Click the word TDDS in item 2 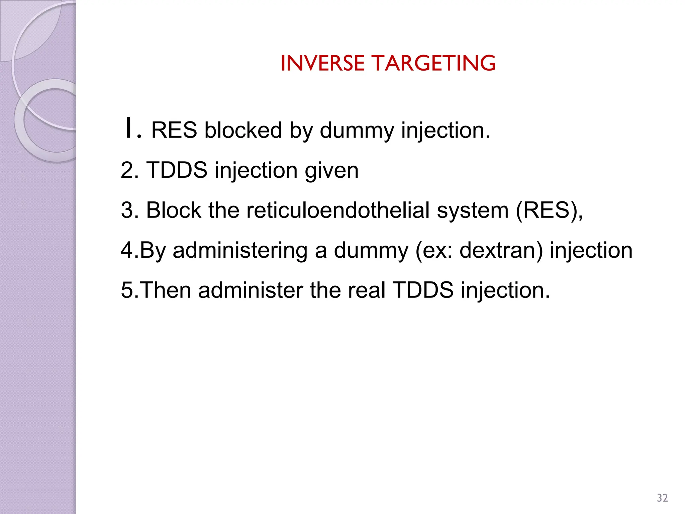pos(177,170)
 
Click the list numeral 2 pos(127,170)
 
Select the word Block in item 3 pos(174,210)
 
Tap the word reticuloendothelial pos(338,210)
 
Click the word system pos(473,211)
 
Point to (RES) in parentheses pos(549,211)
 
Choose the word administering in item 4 pos(240,250)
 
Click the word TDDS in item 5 pos(423,290)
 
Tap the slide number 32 pos(662,498)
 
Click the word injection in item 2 pos(256,171)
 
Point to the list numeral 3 pos(127,210)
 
